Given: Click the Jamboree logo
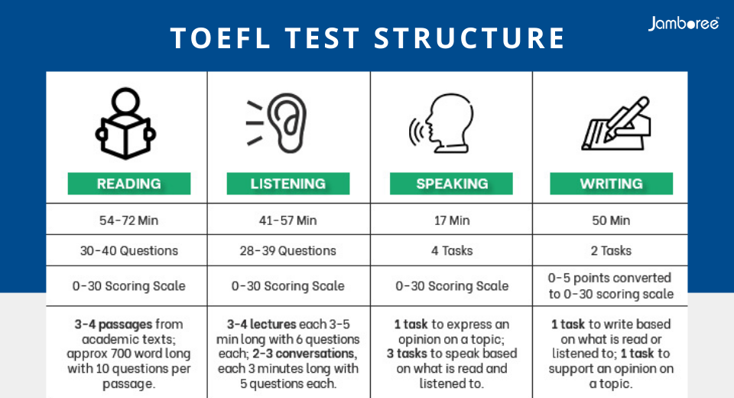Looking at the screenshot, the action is [x=684, y=24].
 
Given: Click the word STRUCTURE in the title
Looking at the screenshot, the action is [x=470, y=38].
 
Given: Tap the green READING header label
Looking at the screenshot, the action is [x=129, y=183].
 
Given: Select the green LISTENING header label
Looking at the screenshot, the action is [x=288, y=183].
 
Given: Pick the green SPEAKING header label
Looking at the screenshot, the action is [x=451, y=183].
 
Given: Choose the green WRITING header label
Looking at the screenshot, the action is [x=612, y=183].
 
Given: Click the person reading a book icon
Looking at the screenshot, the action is [x=125, y=123].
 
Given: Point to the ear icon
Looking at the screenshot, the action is [x=276, y=122].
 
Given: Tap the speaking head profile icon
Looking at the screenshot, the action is [x=441, y=122].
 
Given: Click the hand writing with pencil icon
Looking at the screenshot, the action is [x=616, y=123].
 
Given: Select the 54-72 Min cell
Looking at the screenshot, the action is [x=128, y=220].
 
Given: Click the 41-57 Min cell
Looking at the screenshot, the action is [x=288, y=220].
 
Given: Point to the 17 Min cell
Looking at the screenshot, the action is [x=452, y=220].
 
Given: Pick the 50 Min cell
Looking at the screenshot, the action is [x=611, y=220].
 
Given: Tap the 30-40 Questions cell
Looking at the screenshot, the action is [x=128, y=251].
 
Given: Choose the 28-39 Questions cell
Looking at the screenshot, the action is [x=288, y=251].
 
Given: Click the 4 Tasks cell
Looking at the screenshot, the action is [x=452, y=251].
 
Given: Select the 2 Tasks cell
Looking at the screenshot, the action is [x=611, y=251].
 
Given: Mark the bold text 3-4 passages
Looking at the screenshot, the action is [x=113, y=325].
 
